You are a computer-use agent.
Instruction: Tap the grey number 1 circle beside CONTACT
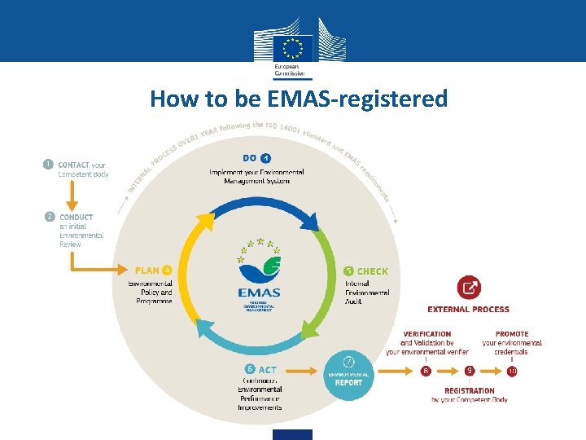[x=49, y=164]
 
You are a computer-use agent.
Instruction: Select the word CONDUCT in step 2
[x=76, y=218]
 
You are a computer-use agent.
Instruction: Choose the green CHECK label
[x=372, y=271]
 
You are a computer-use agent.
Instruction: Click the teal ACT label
[x=267, y=369]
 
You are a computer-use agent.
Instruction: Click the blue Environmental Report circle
[x=348, y=373]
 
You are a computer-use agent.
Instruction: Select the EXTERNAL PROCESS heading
[x=469, y=310]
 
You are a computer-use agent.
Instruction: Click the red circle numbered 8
[x=426, y=371]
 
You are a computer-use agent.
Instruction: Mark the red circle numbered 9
[x=469, y=371]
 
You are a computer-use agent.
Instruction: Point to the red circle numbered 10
[x=512, y=371]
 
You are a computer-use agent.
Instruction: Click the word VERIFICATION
[x=427, y=334]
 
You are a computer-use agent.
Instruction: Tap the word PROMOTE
[x=512, y=334]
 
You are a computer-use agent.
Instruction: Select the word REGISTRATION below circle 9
[x=470, y=391]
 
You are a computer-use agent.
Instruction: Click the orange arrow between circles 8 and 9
[x=447, y=371]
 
